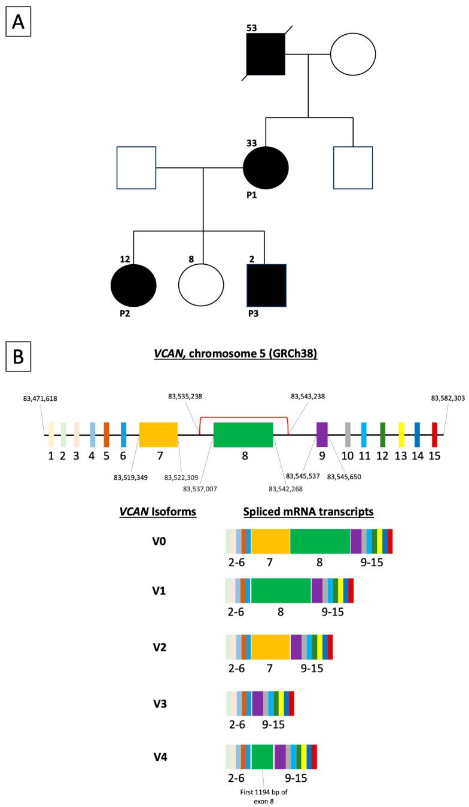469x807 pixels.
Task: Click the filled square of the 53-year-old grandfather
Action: (x=266, y=54)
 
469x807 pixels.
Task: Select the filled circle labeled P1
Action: (x=266, y=168)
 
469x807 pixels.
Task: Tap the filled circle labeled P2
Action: (x=133, y=285)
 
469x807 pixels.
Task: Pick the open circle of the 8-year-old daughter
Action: (x=202, y=285)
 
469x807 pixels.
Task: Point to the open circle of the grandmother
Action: (x=353, y=54)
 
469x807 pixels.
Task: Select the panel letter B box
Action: (x=16, y=361)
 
